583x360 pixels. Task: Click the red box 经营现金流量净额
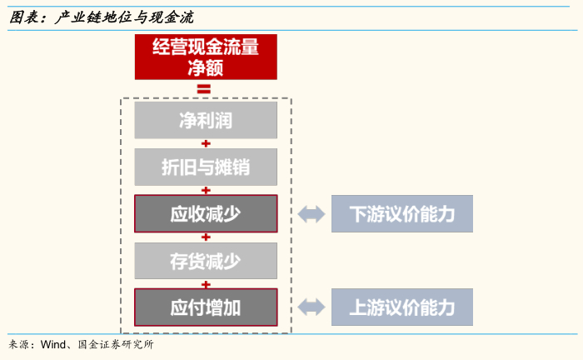coord(206,57)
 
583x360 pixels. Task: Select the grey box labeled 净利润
coord(206,121)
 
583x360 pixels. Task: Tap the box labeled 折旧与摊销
coord(206,167)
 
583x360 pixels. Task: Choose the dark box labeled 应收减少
coord(206,213)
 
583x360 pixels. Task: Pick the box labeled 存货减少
coord(206,261)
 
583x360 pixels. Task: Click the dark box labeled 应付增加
coord(206,307)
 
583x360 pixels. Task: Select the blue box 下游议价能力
coord(401,214)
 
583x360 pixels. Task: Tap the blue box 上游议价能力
coord(401,307)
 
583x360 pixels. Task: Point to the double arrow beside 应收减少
coord(311,214)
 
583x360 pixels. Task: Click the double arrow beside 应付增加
coord(311,307)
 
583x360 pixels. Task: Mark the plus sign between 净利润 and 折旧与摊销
coord(206,144)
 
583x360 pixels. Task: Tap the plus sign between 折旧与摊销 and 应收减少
coord(206,190)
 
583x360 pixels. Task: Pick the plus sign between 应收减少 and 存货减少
coord(206,237)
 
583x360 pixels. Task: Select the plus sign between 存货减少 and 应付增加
coord(206,283)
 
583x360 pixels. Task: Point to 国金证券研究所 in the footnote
coord(115,344)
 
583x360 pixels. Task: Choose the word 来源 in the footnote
coord(20,344)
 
